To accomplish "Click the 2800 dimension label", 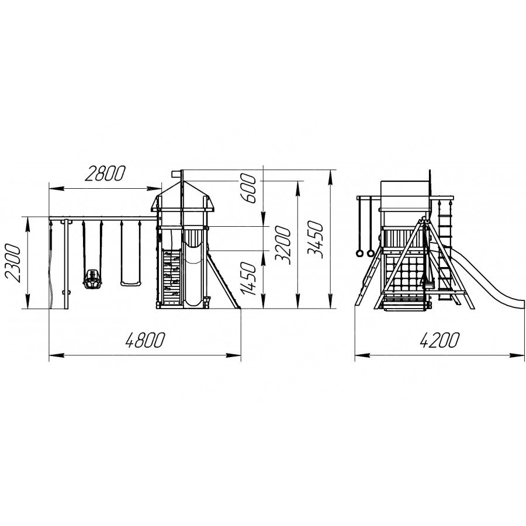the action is click(105, 174).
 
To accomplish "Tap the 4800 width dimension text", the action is click(145, 340).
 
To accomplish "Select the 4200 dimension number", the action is click(439, 340).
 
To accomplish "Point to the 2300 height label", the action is click(13, 263).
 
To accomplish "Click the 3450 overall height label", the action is click(316, 240).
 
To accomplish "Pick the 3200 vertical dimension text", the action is click(282, 245).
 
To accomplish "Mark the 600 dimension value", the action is click(249, 189).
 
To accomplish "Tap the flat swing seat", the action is click(130, 284).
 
